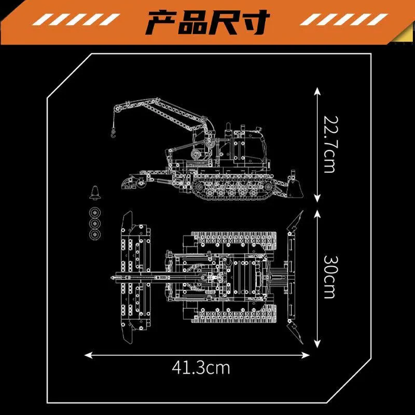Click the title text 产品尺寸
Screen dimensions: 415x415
coord(208,22)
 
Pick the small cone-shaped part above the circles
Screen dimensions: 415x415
coord(95,193)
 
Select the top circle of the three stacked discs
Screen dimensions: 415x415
coord(95,213)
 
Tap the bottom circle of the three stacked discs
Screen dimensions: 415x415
coord(95,235)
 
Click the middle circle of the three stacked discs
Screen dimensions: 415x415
coord(95,224)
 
